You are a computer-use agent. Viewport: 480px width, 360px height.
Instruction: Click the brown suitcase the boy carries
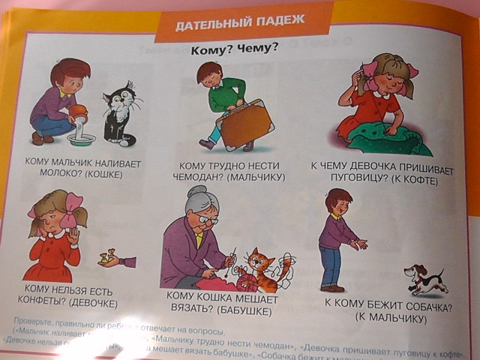[239, 127]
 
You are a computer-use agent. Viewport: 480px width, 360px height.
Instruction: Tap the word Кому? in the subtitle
[209, 50]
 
